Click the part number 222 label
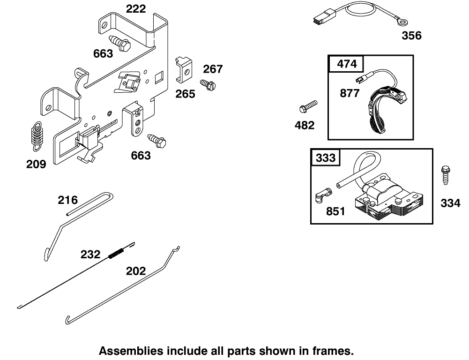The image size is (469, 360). pyautogui.click(x=136, y=8)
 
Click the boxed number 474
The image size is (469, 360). pyautogui.click(x=347, y=64)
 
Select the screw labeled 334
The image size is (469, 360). pyautogui.click(x=444, y=178)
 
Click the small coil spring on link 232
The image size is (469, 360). pyautogui.click(x=116, y=252)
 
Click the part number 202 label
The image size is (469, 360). pyautogui.click(x=136, y=271)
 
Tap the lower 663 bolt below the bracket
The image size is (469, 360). pyautogui.click(x=157, y=140)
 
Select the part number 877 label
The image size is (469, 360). pyautogui.click(x=350, y=93)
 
